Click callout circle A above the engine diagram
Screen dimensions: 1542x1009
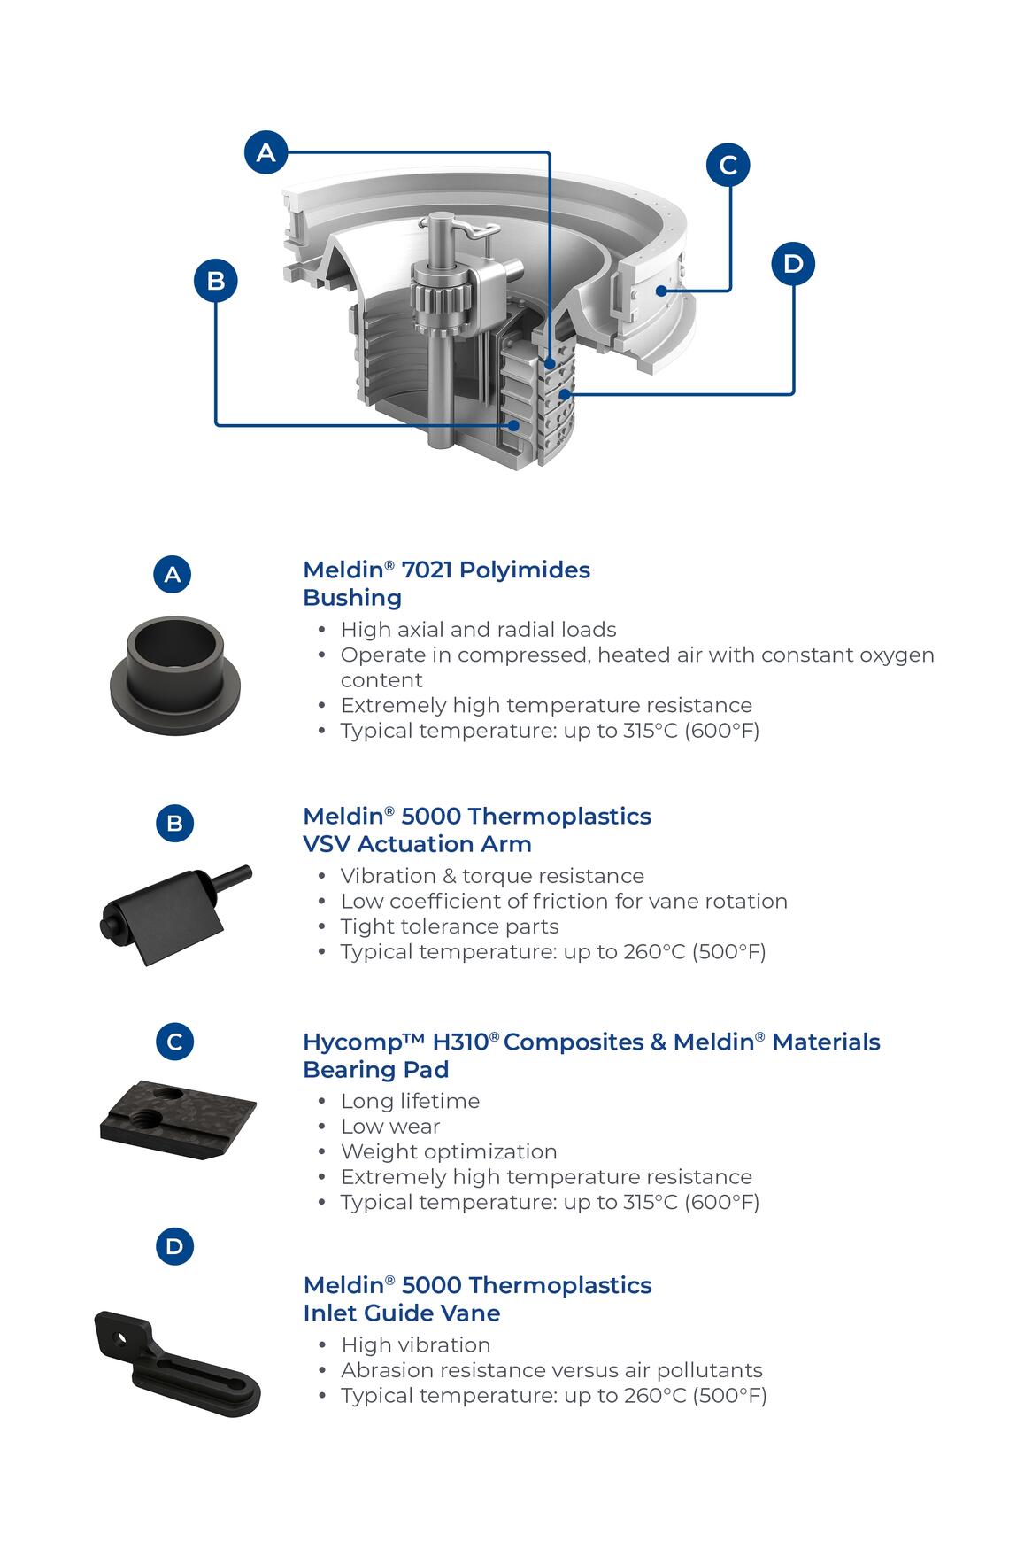point(266,153)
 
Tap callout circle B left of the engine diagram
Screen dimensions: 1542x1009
point(216,281)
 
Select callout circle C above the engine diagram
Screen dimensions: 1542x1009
point(728,165)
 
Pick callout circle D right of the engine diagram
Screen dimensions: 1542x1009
point(792,263)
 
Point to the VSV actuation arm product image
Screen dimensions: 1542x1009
point(174,912)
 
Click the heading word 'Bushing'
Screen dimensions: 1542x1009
point(352,598)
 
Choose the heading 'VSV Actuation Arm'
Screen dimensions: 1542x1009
point(417,844)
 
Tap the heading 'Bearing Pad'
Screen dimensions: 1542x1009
point(375,1070)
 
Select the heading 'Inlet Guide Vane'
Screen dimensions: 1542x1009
point(401,1313)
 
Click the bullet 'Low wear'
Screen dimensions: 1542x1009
point(390,1127)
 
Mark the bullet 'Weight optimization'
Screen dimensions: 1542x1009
point(449,1151)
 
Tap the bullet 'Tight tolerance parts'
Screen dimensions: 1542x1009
point(450,926)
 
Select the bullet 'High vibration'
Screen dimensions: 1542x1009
point(415,1345)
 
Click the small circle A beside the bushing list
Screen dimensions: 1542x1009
point(173,574)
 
